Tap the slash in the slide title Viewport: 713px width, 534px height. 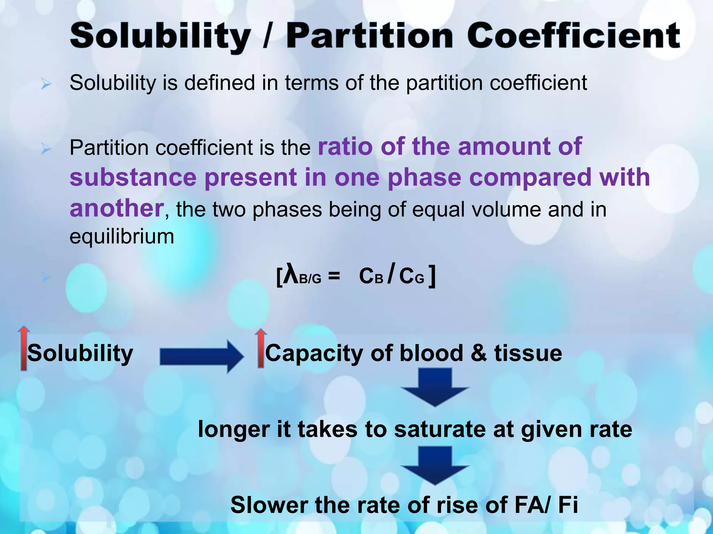coord(267,37)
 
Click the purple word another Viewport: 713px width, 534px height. coord(117,208)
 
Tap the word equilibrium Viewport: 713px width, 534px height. coord(122,237)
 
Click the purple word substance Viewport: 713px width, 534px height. coord(133,177)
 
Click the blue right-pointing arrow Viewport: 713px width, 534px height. coord(202,357)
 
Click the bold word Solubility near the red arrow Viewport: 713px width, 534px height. coord(80,354)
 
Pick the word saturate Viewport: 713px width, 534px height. coord(440,429)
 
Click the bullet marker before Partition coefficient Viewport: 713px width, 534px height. coord(46,149)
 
